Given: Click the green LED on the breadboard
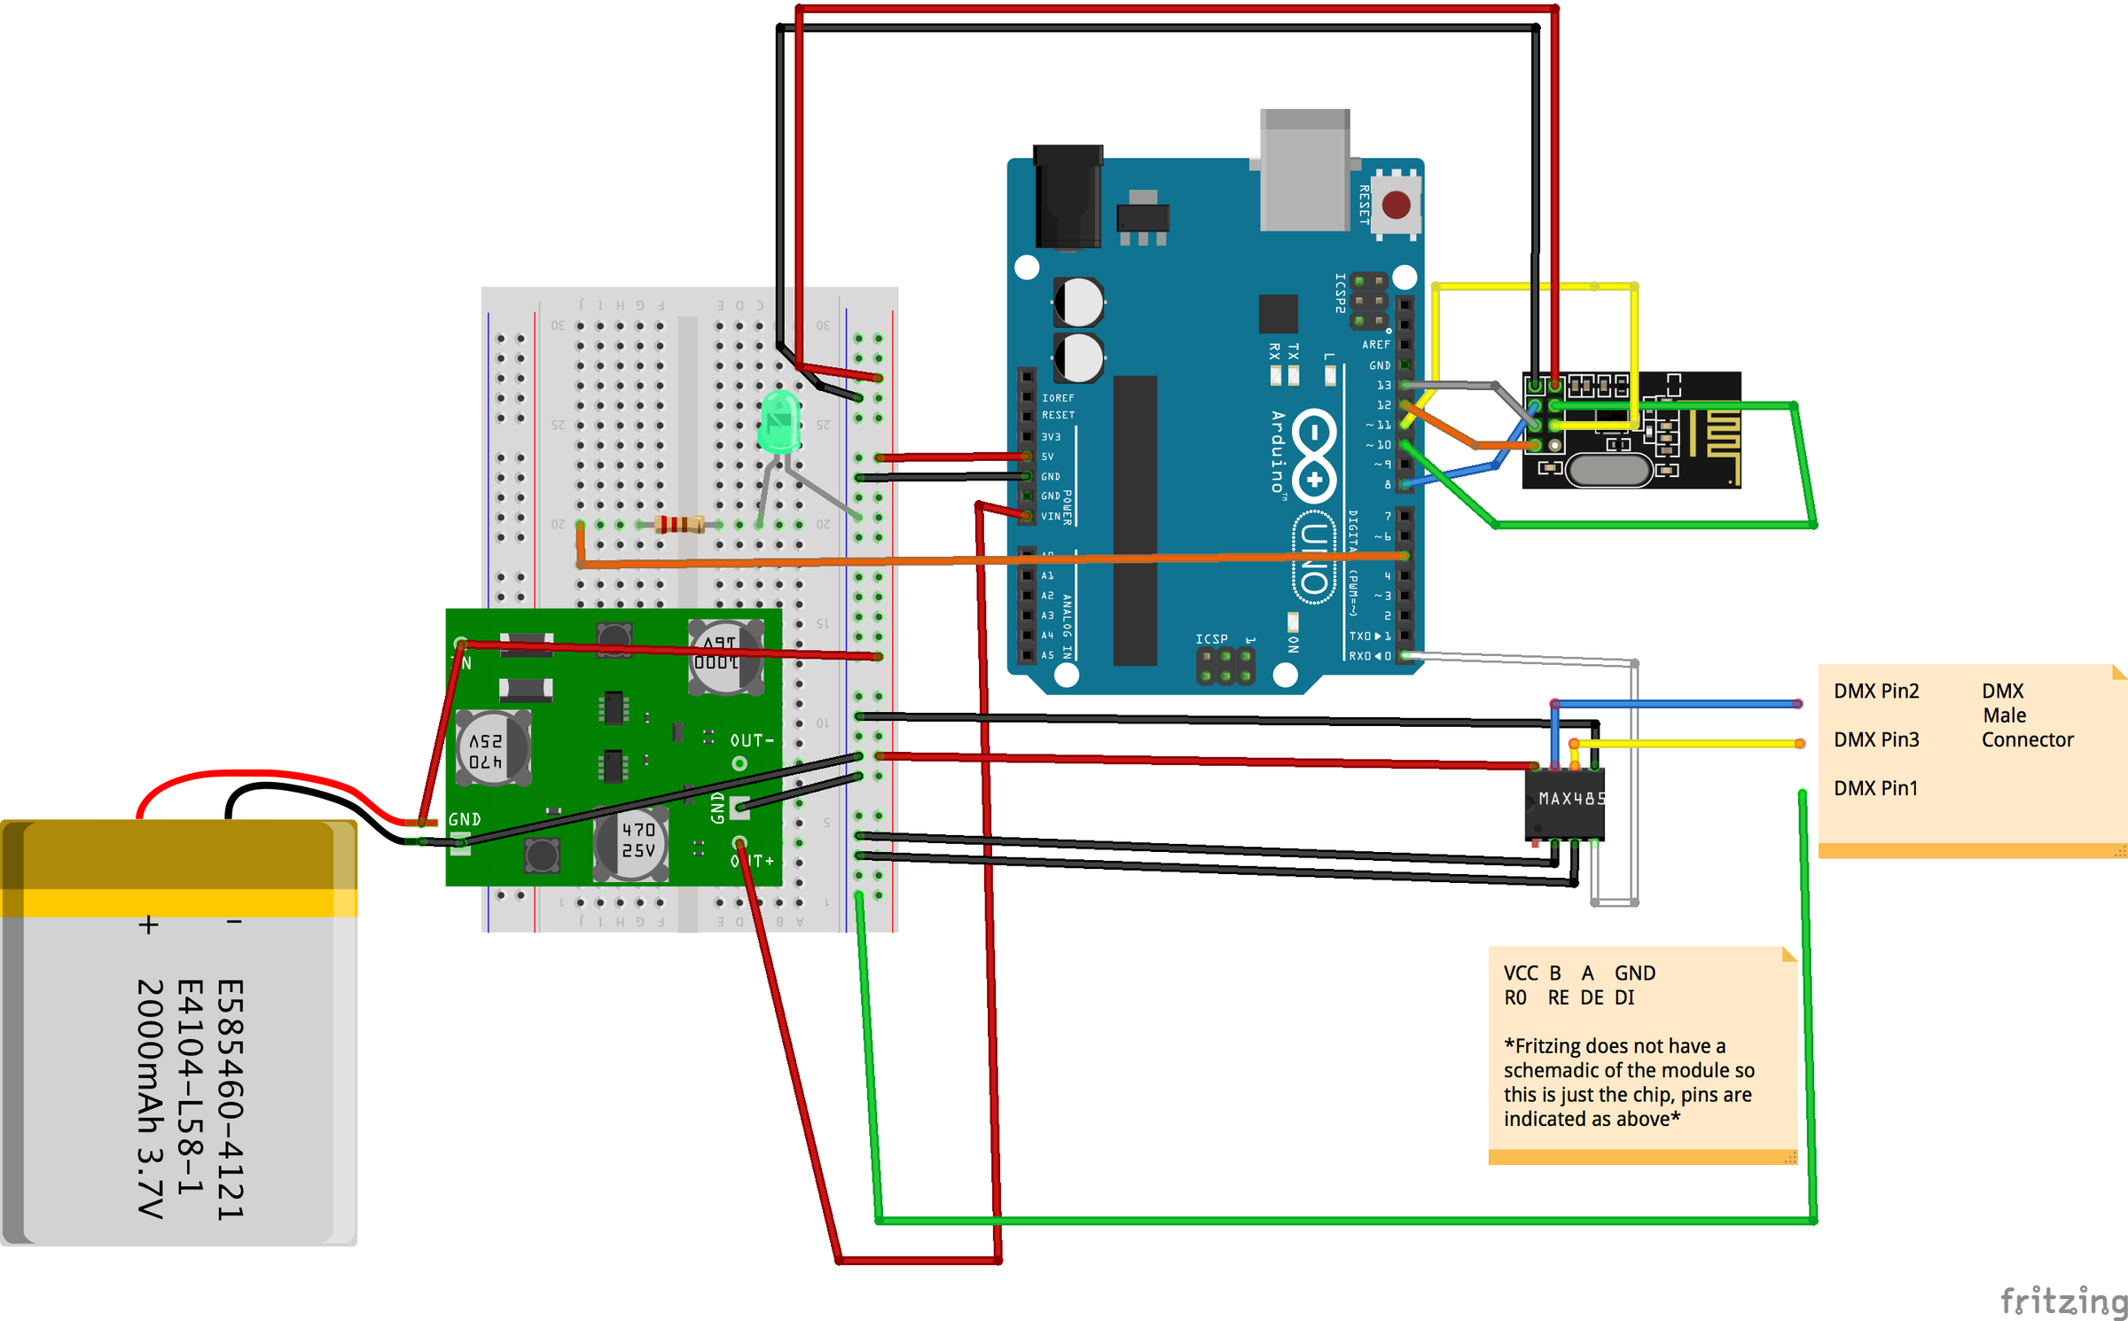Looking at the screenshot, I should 779,424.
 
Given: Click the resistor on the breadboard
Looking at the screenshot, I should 679,525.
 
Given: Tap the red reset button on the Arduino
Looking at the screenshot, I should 1396,205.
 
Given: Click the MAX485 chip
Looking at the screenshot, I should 1566,804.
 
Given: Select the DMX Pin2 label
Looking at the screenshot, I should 1876,691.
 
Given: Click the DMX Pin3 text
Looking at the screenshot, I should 1876,739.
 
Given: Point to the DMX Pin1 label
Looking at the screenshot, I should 1875,788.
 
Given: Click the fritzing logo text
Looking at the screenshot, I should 2062,1301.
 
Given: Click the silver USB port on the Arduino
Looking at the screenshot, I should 1304,170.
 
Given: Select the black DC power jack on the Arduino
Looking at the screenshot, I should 1068,197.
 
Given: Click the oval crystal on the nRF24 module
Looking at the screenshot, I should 1608,470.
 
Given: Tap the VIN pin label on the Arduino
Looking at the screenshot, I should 1050,516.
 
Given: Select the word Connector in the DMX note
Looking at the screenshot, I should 2027,739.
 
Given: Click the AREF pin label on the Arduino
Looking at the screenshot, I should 1375,345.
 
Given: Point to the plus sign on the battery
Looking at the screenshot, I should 149,925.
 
